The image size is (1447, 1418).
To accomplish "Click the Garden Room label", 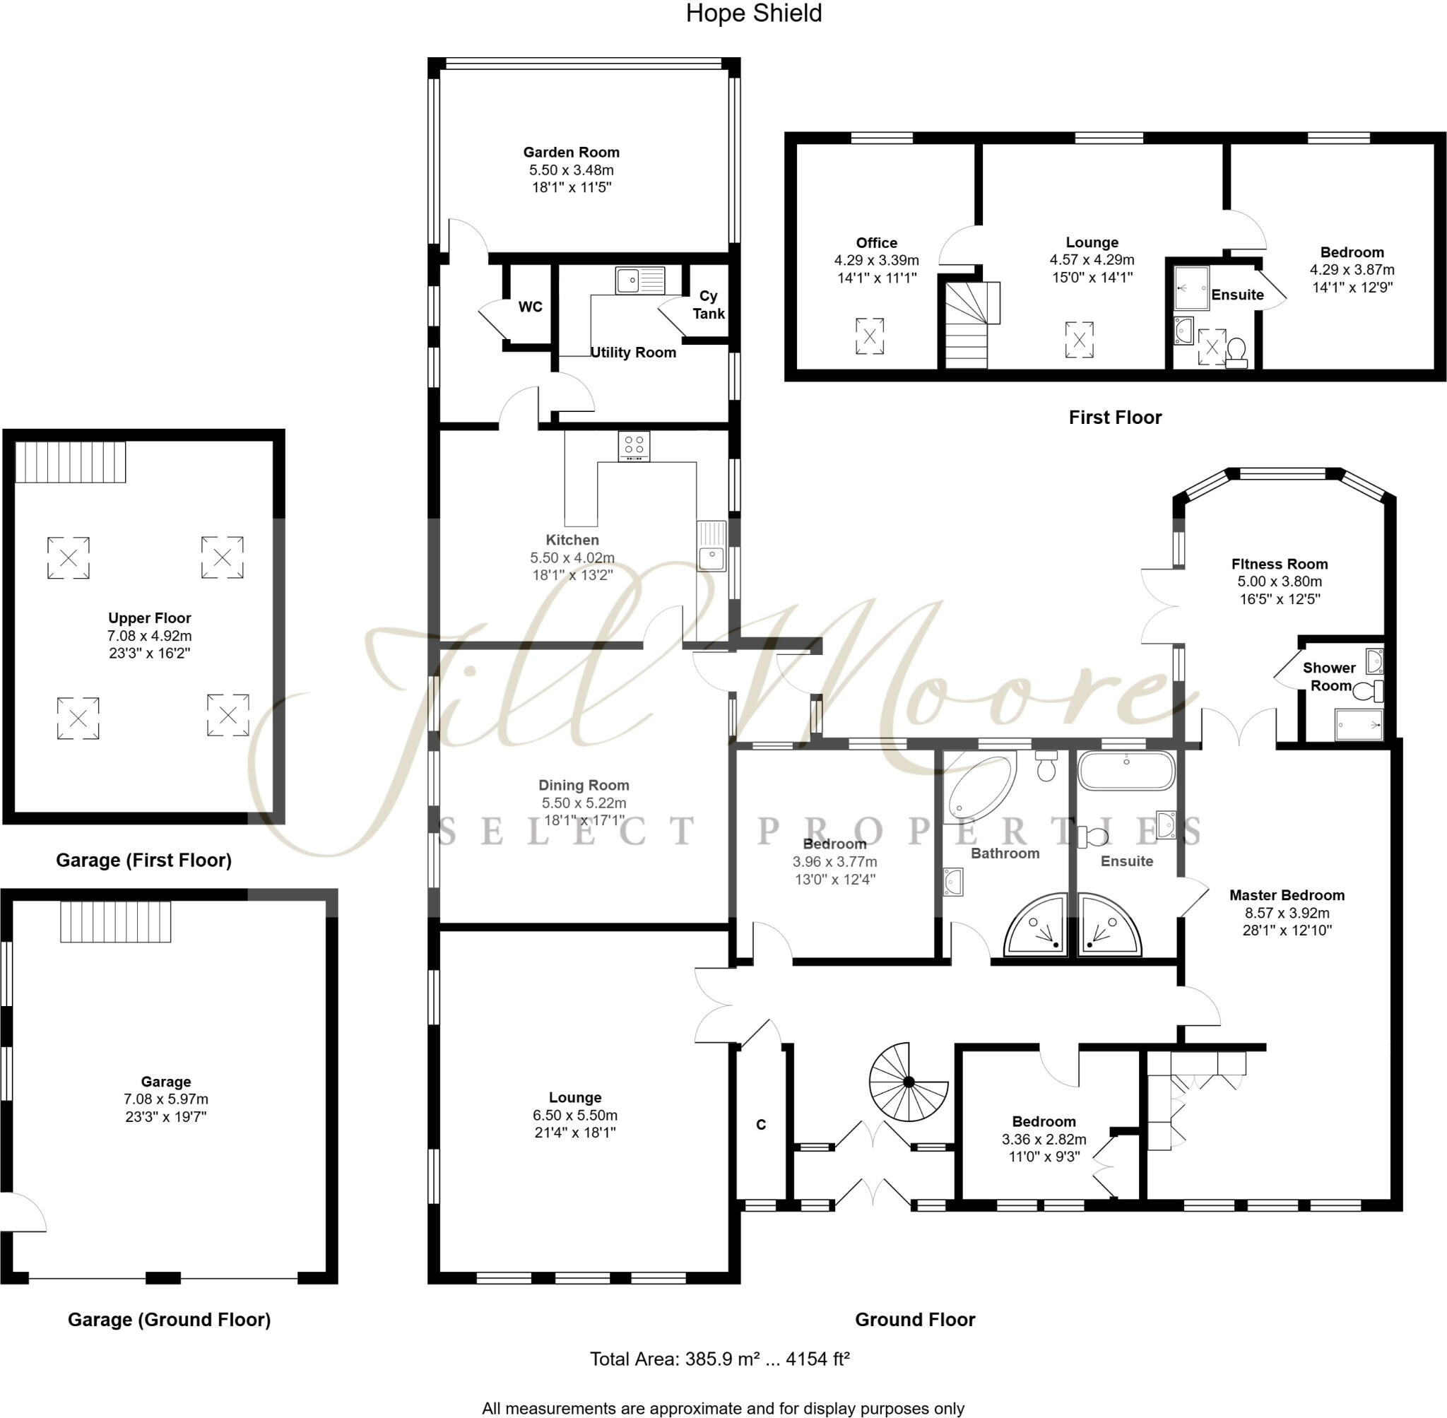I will [x=570, y=152].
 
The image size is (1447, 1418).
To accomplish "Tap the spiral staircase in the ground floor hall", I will [x=908, y=1080].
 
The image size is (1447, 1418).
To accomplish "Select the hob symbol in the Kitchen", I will [x=634, y=445].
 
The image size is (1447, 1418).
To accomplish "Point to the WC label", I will [x=530, y=307].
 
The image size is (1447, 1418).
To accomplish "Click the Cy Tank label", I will [x=707, y=305].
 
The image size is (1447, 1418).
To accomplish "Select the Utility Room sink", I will [x=639, y=280].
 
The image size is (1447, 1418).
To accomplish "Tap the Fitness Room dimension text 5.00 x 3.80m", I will [x=1280, y=581].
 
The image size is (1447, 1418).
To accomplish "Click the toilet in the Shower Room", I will [x=1366, y=691].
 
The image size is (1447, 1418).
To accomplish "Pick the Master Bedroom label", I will [x=1286, y=894].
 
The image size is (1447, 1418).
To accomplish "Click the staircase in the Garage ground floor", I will [x=115, y=921].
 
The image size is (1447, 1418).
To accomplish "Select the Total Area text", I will [x=719, y=1359].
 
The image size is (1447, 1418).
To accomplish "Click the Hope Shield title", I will [x=753, y=13].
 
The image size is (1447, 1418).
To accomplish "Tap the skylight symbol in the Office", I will [x=869, y=336].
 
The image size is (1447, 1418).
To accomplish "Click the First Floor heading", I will [x=1114, y=417].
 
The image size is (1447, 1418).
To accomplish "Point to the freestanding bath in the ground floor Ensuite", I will [x=1126, y=770].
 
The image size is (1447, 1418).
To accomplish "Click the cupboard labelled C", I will [x=760, y=1124].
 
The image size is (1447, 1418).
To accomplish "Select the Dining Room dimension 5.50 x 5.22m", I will [x=583, y=802].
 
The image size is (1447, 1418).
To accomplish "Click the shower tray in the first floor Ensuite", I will [x=1191, y=288].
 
